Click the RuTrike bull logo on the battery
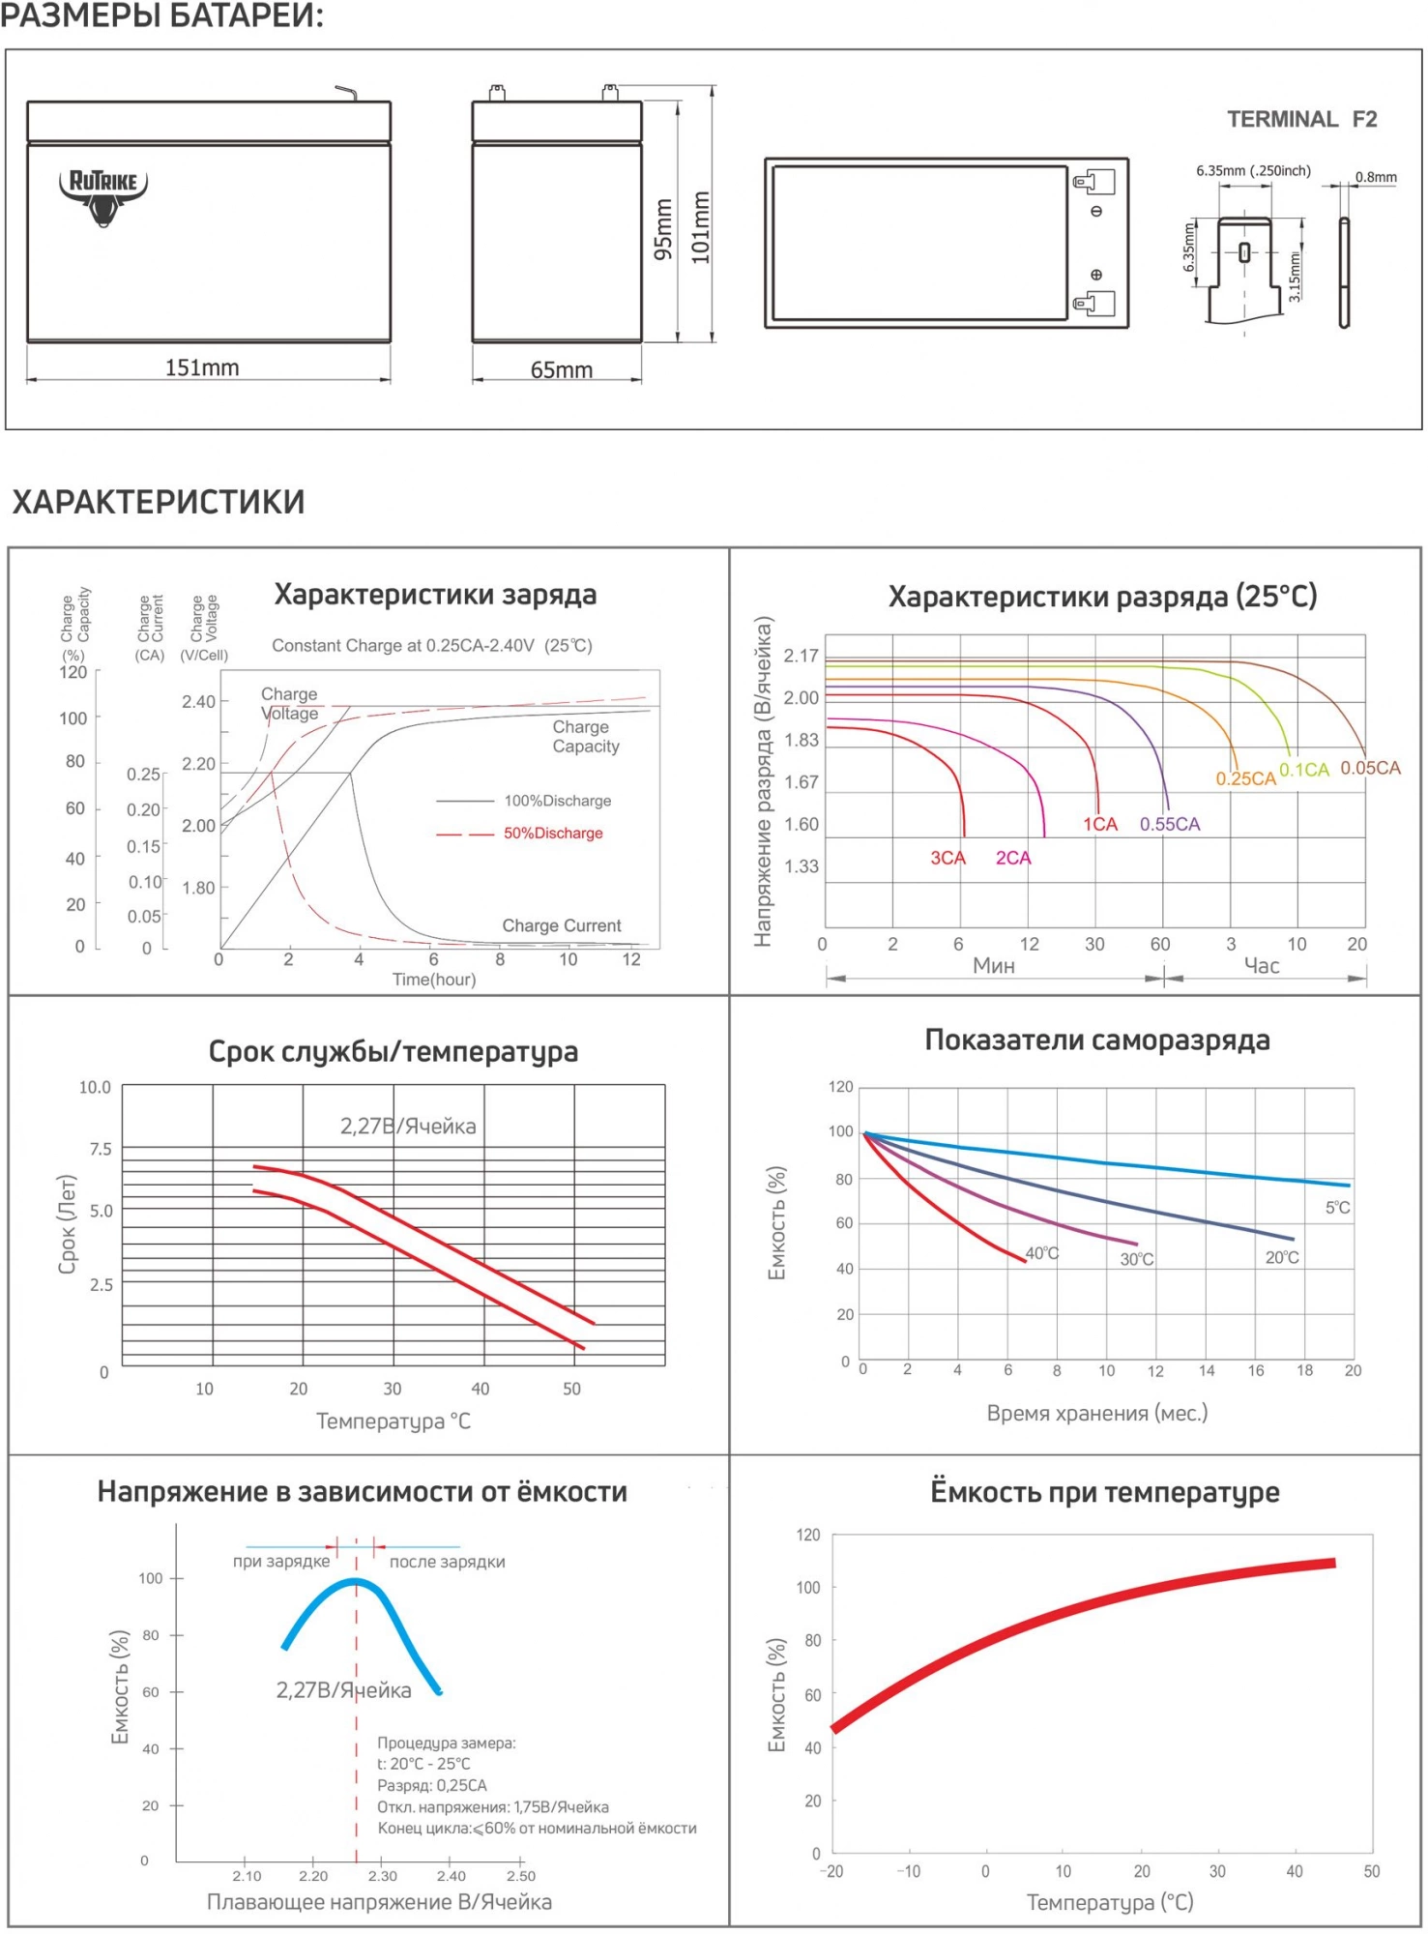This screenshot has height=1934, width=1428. pos(103,196)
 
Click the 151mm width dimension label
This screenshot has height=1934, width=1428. pos(202,367)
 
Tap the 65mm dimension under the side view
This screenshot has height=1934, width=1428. pos(561,370)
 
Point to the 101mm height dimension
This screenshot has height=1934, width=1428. pos(701,227)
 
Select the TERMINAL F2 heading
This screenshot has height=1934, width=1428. pos(1301,119)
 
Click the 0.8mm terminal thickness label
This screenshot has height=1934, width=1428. pos(1375,177)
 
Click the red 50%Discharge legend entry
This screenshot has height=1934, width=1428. pos(552,834)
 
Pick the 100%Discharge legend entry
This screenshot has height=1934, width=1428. pos(557,801)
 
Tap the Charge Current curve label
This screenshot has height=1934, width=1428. pos(561,925)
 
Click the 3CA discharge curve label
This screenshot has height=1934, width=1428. pos(947,858)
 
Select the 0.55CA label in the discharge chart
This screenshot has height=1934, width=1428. pos(1169,824)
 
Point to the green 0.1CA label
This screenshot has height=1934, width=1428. pos(1303,770)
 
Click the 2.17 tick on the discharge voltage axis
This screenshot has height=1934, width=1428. pos(801,656)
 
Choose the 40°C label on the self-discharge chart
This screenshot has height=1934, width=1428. pos(1041,1253)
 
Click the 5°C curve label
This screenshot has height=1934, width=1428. pos(1337,1208)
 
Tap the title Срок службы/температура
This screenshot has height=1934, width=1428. pos(393,1051)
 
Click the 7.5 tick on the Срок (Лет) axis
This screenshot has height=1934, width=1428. pos(101,1149)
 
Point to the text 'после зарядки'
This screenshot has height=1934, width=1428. pos(447,1562)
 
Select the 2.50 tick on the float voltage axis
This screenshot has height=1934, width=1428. pos(520,1876)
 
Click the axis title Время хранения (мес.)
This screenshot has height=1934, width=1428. pos(1096,1413)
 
